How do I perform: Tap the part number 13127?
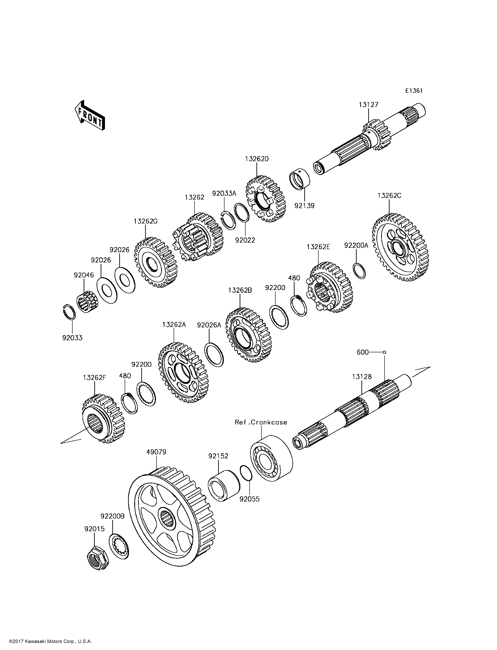(368, 105)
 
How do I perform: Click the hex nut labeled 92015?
(98, 561)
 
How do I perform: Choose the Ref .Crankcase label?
(261, 422)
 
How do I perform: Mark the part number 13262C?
(389, 196)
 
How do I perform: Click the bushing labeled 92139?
(299, 179)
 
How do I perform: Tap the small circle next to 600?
(384, 352)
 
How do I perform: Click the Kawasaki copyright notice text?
(50, 641)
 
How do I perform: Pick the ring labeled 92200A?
(359, 270)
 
